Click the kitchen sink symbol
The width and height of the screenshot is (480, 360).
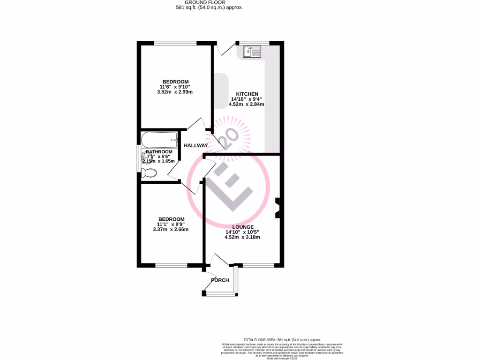[252, 51]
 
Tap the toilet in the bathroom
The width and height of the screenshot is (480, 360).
[150, 173]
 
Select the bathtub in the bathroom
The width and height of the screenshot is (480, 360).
[160, 139]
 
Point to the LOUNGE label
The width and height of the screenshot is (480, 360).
[242, 227]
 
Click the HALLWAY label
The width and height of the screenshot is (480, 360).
[195, 146]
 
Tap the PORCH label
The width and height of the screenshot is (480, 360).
[220, 280]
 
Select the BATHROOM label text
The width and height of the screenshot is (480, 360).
[159, 152]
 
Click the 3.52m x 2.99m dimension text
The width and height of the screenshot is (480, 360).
[175, 92]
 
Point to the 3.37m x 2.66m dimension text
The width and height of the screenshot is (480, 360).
[171, 230]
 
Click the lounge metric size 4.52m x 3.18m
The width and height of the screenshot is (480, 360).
[242, 237]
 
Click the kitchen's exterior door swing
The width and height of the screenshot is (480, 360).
[224, 48]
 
